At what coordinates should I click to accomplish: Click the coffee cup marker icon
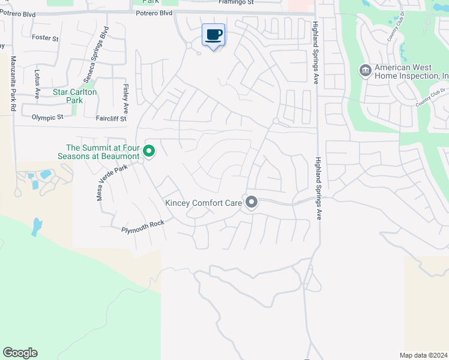213,35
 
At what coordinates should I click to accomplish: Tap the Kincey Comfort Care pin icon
252,202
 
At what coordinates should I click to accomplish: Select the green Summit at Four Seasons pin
148,152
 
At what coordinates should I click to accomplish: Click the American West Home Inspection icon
365,71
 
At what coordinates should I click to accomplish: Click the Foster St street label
45,38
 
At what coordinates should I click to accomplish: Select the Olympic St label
47,118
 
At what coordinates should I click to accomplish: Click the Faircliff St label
111,119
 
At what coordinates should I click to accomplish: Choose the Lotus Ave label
37,84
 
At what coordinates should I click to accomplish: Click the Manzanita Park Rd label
13,83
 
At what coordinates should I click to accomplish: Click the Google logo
20,353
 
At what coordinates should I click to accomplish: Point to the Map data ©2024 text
424,355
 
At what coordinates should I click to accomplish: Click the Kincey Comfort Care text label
203,203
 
